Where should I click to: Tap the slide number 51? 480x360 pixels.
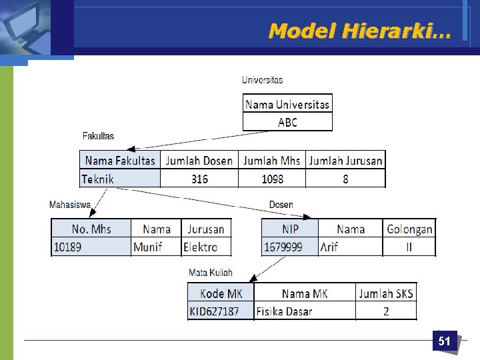pyautogui.click(x=444, y=341)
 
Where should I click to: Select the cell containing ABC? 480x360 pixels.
pyautogui.click(x=287, y=122)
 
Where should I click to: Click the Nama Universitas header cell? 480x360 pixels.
pyautogui.click(x=287, y=104)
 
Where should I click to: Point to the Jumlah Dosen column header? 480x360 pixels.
pyautogui.click(x=199, y=161)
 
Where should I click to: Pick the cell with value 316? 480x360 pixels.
pyautogui.click(x=199, y=179)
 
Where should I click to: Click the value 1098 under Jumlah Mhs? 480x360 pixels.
pyautogui.click(x=272, y=179)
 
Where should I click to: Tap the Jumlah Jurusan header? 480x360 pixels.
pyautogui.click(x=345, y=161)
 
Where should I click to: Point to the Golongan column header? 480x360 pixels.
pyautogui.click(x=409, y=229)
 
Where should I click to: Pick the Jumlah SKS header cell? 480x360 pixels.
pyautogui.click(x=386, y=293)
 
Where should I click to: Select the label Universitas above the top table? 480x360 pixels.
pyautogui.click(x=262, y=80)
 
